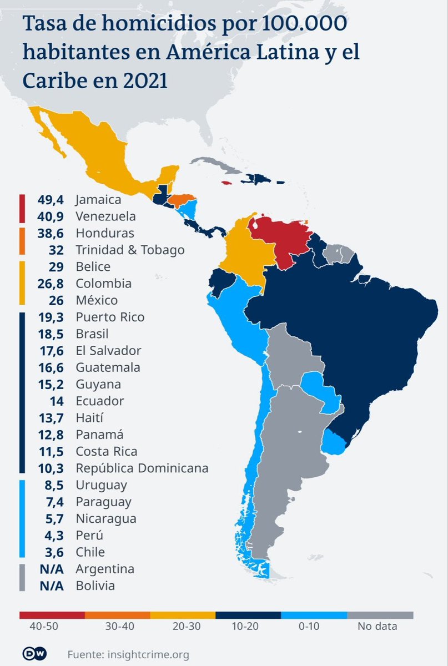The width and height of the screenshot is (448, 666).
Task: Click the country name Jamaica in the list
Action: [x=98, y=199]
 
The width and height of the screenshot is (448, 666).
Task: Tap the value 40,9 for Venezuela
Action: [x=56, y=216]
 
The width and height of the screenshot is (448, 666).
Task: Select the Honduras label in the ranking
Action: [x=105, y=233]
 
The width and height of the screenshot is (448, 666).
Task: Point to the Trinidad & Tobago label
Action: [x=130, y=250]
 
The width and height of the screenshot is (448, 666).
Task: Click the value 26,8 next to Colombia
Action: [x=56, y=284]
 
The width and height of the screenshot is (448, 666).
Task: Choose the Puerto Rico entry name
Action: [x=110, y=317]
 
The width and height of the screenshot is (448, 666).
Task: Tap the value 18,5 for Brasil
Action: [x=56, y=334]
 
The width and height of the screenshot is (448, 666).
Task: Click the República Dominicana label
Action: [x=142, y=468]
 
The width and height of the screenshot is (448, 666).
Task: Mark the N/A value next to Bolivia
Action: [x=54, y=586]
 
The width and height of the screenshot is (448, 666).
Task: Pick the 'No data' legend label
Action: [x=376, y=627]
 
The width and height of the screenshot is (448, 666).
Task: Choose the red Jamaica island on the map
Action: [x=226, y=182]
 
